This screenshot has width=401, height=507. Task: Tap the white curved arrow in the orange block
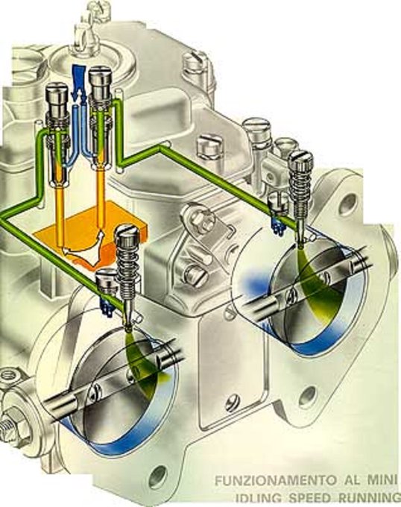click(x=84, y=248)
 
